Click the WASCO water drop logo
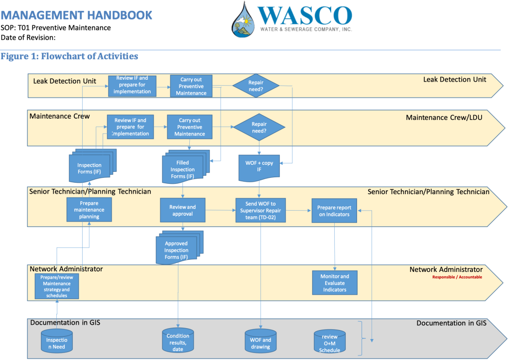tap(244, 21)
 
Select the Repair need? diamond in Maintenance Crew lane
tap(258, 127)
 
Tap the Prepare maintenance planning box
tap(89, 210)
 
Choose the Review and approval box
tap(182, 210)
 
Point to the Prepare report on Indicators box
tap(335, 211)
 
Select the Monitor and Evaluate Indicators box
tap(335, 283)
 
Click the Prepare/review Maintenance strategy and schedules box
tap(57, 286)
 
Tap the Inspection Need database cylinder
tap(57, 340)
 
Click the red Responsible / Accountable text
tap(457, 277)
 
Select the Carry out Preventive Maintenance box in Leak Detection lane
tap(191, 86)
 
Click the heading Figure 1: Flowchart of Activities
tap(69, 56)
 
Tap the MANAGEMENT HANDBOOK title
tap(77, 15)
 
